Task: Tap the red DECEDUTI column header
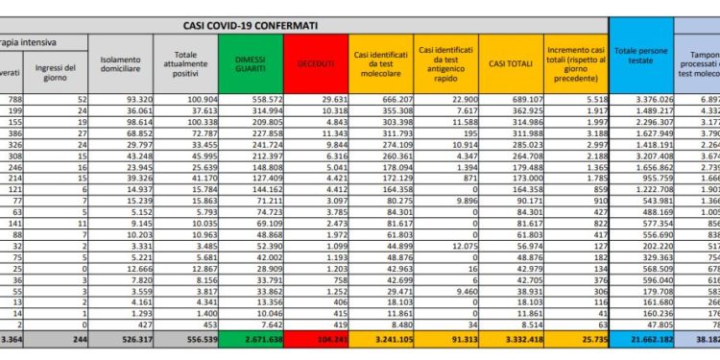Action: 316,62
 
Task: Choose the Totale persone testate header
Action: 641,62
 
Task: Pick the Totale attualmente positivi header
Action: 185,62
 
